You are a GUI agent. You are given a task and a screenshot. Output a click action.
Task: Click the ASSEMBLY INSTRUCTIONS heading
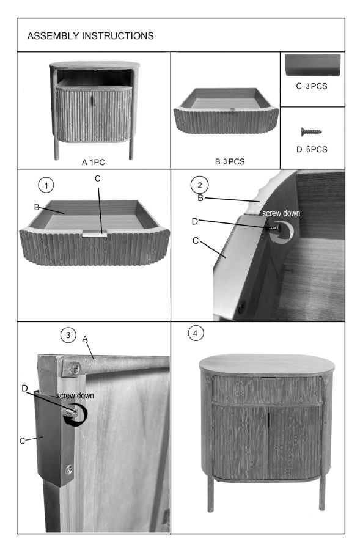point(90,36)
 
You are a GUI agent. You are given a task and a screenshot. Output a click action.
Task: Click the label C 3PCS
point(312,86)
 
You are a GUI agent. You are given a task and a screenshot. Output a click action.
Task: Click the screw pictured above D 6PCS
point(312,131)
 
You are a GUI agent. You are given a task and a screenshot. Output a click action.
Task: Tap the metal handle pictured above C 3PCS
point(312,64)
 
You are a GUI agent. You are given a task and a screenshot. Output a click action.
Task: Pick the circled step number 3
point(67,334)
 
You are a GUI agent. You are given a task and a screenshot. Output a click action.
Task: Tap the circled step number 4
point(194,333)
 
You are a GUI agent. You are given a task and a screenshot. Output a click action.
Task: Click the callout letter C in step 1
point(98,178)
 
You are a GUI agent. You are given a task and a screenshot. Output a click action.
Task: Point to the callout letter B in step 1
point(36,208)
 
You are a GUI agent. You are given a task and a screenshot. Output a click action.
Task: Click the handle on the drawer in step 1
point(95,232)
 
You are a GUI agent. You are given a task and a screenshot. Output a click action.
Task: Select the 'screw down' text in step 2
point(282,215)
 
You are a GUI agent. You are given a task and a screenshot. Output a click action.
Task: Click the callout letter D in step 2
point(195,221)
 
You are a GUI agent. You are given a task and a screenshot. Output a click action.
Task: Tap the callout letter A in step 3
point(86,338)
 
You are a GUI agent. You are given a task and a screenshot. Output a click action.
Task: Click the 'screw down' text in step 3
point(75,395)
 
